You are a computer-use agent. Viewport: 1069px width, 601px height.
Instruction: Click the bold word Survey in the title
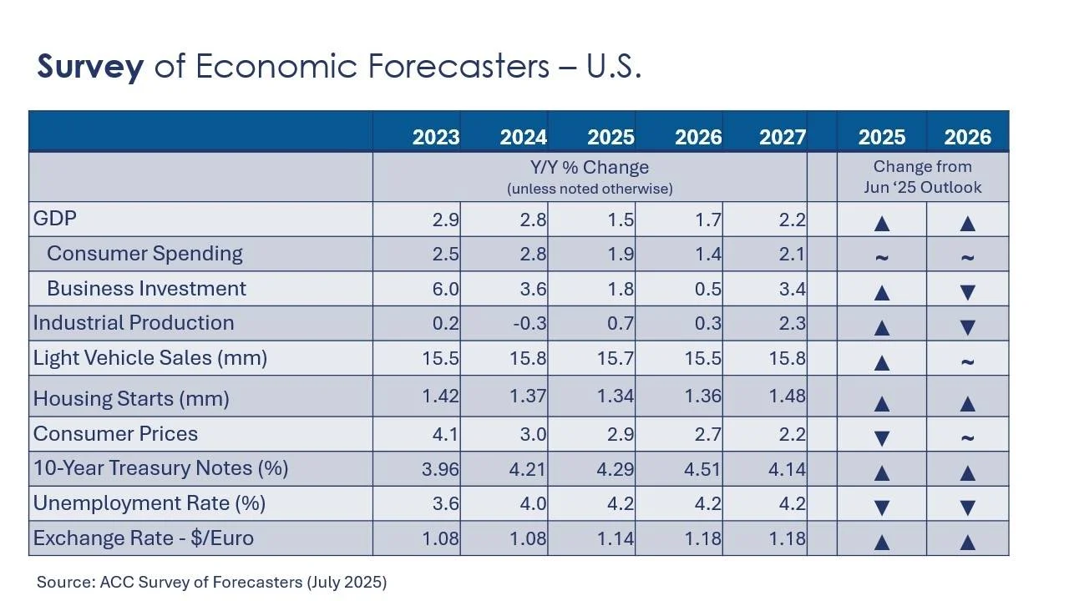click(90, 67)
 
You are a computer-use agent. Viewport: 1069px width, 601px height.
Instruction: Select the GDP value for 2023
click(443, 220)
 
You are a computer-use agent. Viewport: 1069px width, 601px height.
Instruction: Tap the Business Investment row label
click(146, 289)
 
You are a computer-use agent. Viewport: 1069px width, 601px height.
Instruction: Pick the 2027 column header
click(782, 137)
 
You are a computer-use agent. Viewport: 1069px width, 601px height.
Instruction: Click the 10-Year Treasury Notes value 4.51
click(701, 469)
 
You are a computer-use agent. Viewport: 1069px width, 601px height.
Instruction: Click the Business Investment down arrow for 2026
click(967, 292)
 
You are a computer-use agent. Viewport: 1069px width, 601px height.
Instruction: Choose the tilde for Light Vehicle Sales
click(967, 361)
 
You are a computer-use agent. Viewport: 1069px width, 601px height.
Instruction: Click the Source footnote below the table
click(211, 582)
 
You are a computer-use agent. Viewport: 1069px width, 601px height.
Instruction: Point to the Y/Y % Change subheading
click(590, 168)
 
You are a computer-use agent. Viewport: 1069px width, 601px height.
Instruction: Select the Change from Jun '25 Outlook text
click(923, 177)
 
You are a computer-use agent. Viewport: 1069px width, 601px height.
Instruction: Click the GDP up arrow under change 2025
click(881, 224)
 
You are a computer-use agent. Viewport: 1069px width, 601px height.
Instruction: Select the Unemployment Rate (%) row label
click(149, 503)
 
